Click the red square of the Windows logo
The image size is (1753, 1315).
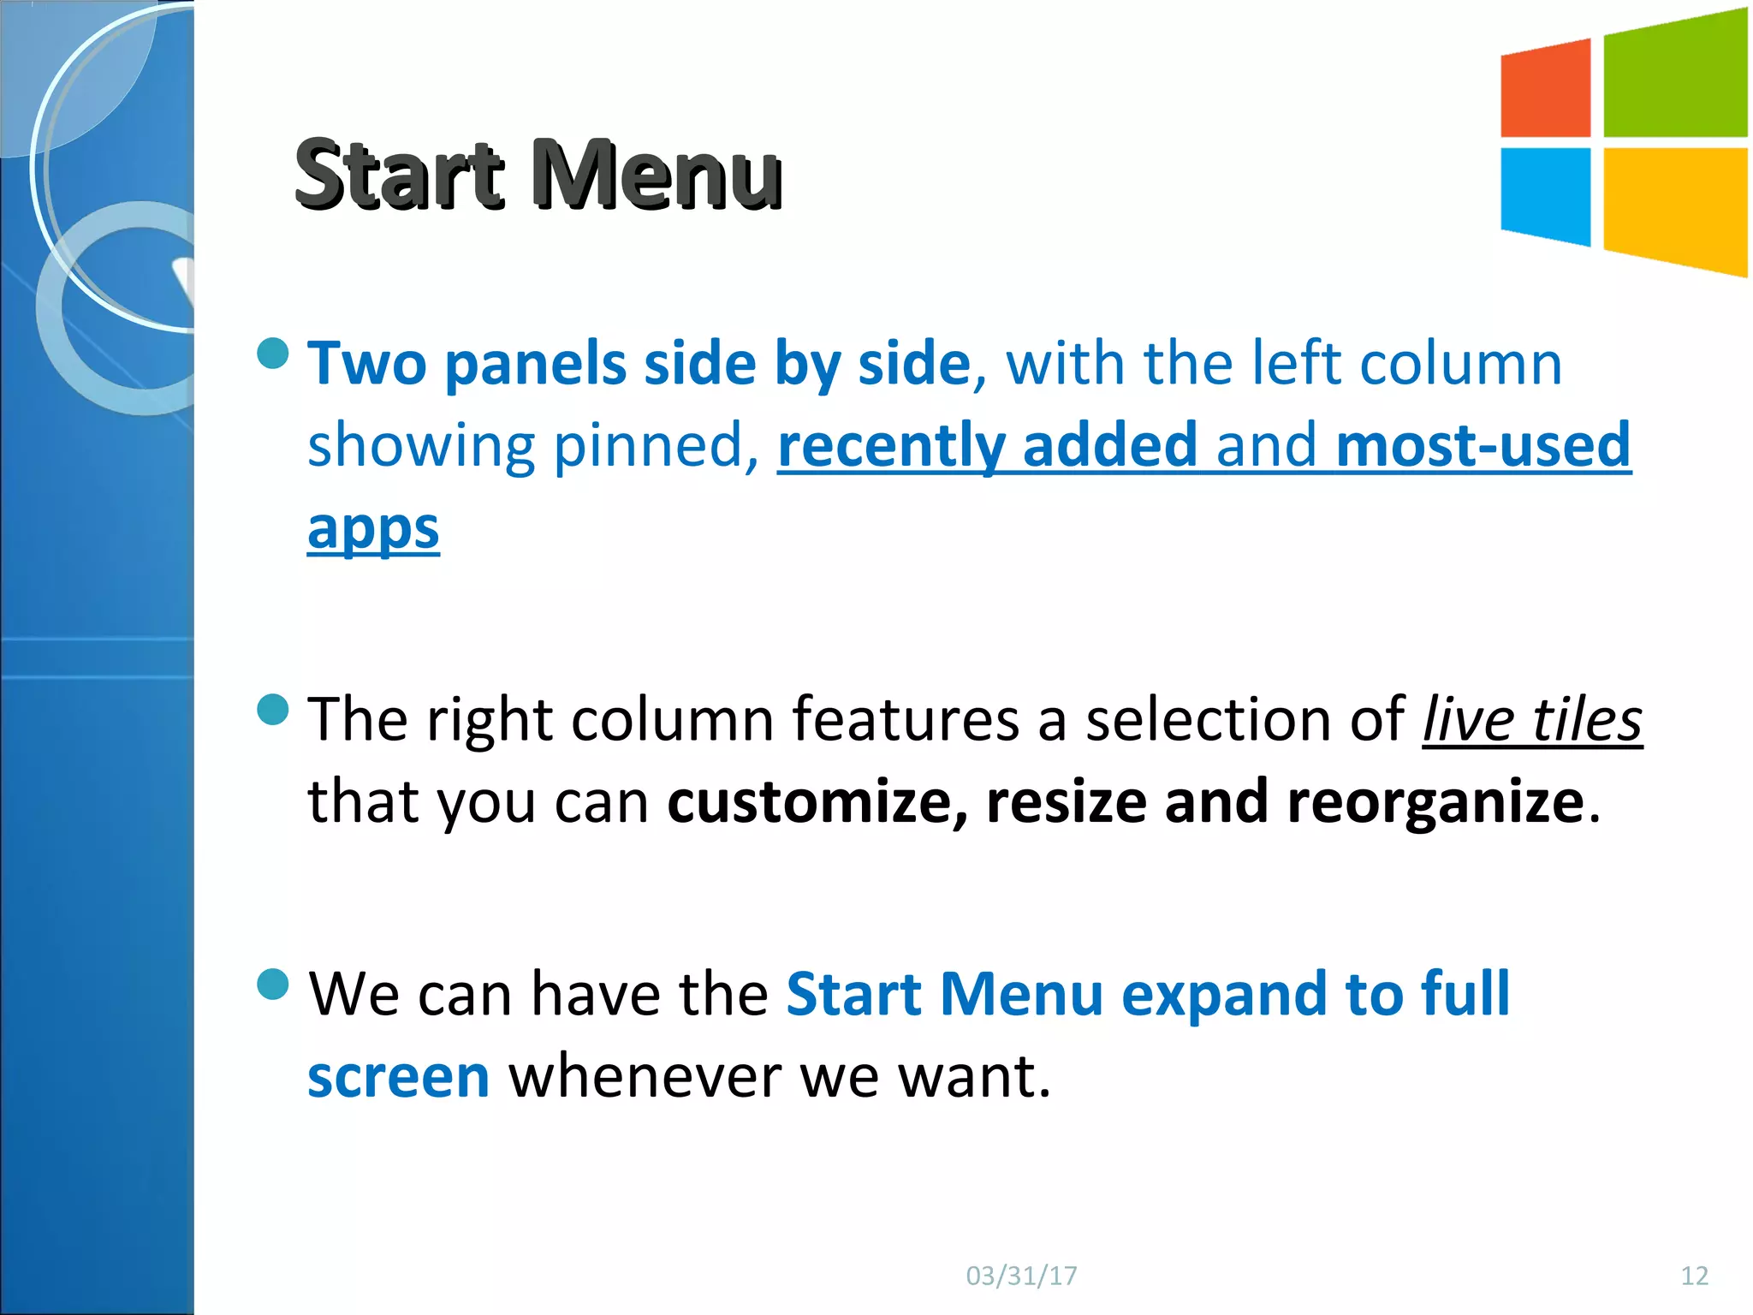1546,89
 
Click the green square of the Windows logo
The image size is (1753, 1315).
1674,75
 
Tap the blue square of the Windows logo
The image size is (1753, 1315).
1546,195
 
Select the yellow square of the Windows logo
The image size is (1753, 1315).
1674,209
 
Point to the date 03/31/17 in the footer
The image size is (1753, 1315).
1021,1276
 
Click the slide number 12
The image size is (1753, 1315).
1694,1276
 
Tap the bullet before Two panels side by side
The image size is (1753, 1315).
273,354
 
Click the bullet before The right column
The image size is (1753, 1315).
273,709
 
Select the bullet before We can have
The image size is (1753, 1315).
273,984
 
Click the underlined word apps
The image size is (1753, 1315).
373,529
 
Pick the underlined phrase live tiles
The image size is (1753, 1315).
1532,719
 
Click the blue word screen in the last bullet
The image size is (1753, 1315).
398,1076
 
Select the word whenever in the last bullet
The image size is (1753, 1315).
645,1076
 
